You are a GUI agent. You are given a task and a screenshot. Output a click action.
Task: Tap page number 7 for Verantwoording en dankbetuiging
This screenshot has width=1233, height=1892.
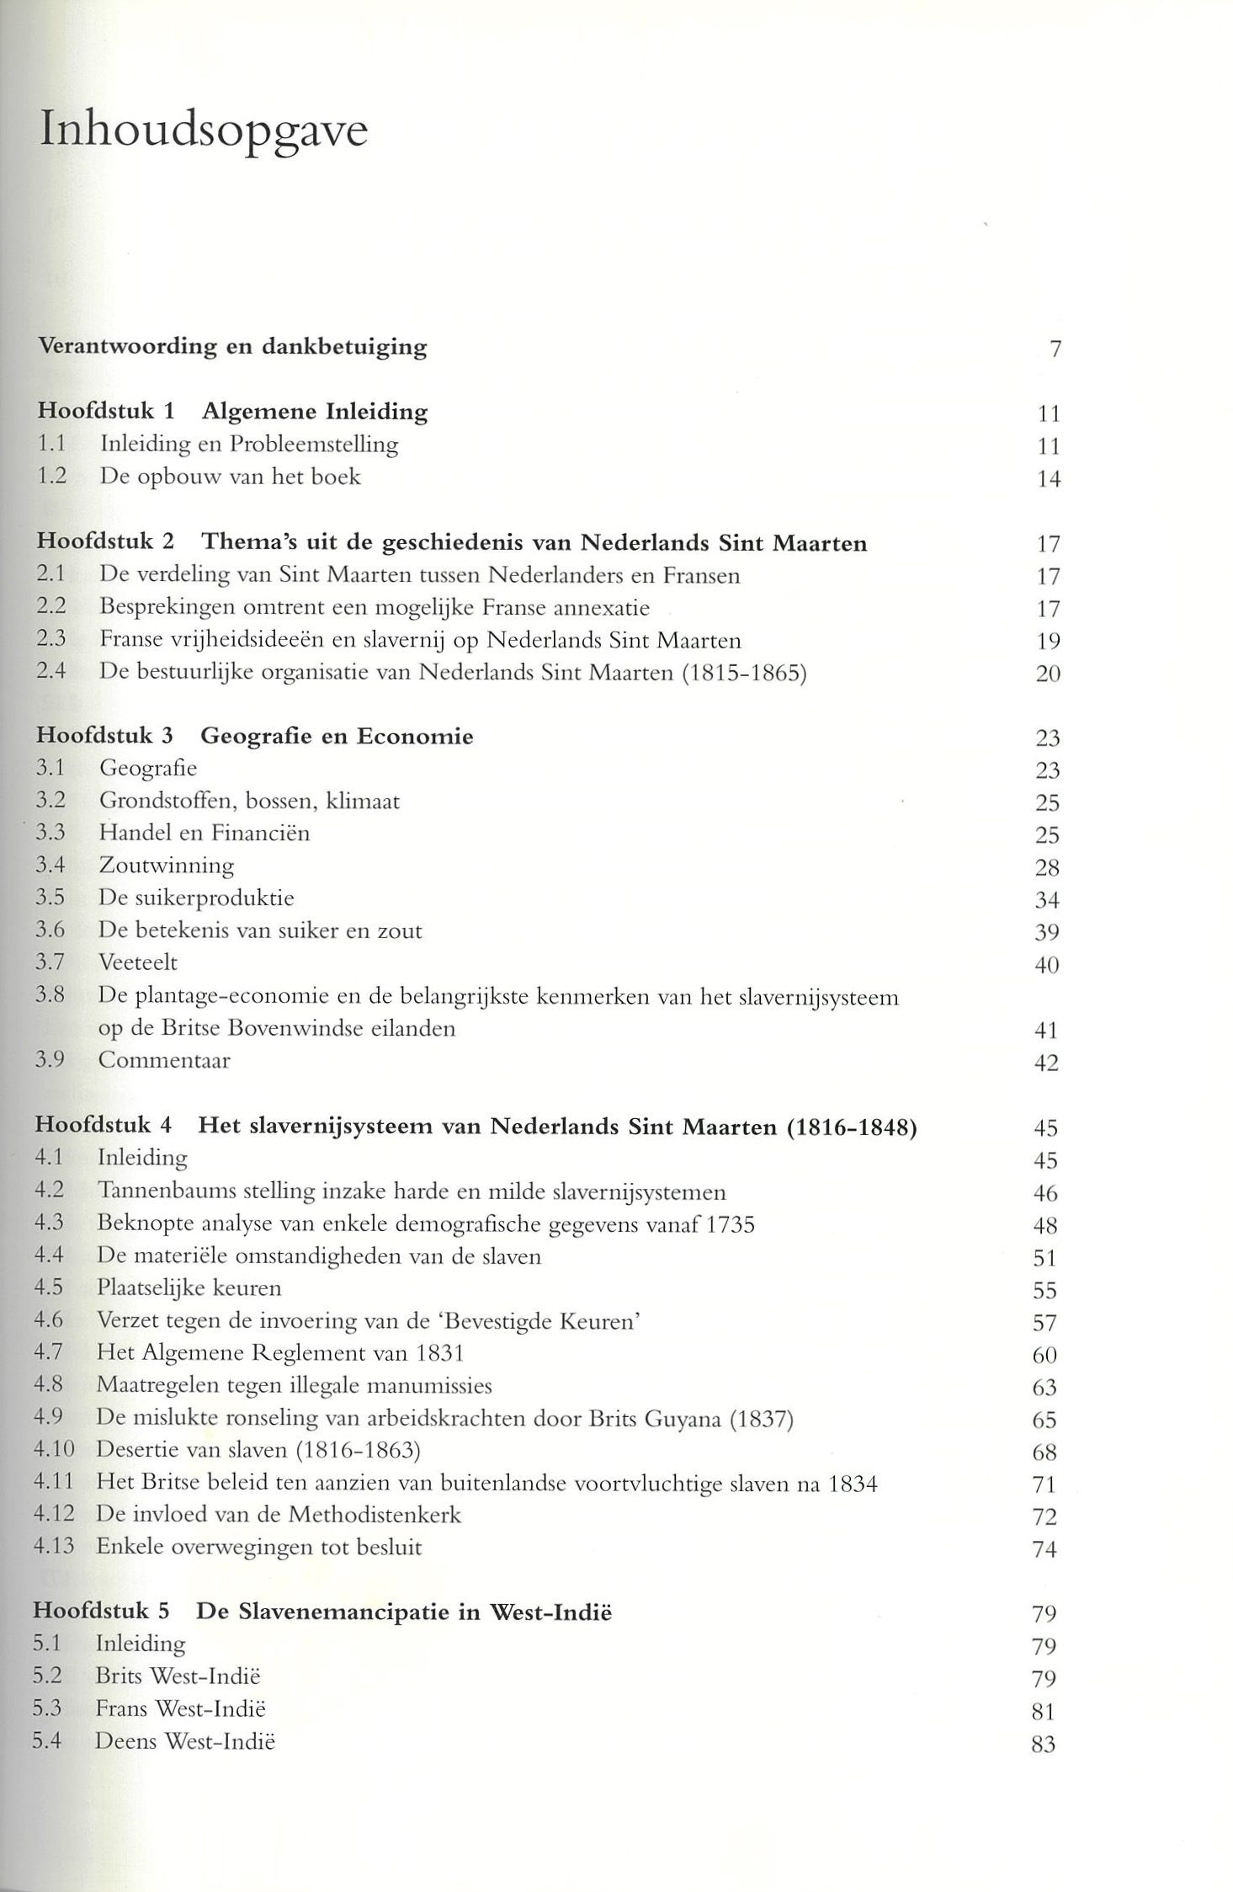(1054, 349)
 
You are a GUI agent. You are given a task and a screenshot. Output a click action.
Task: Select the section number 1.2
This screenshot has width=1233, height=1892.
(52, 477)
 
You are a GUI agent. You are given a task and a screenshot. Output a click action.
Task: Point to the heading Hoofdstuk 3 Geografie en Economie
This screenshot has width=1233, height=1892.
(254, 736)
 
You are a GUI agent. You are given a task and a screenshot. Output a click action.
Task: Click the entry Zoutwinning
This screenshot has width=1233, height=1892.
(167, 866)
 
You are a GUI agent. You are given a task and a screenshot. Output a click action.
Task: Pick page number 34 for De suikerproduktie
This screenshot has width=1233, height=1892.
(1046, 900)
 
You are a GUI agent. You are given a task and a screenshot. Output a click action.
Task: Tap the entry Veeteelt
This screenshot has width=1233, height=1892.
(138, 962)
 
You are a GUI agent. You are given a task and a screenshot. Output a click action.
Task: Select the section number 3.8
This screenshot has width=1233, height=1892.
(50, 995)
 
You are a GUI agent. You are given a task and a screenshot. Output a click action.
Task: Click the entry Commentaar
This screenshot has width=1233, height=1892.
(164, 1060)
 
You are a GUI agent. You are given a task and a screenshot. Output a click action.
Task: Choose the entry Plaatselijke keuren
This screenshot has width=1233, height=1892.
(189, 1288)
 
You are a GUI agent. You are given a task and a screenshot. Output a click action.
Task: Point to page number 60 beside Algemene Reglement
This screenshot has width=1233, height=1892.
(1044, 1356)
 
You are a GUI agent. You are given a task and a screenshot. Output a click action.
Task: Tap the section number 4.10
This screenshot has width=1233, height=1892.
(54, 1450)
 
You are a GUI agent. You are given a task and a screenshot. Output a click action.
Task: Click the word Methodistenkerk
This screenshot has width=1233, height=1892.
(375, 1515)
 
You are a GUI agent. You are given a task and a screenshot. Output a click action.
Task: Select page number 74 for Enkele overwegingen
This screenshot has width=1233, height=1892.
(1044, 1549)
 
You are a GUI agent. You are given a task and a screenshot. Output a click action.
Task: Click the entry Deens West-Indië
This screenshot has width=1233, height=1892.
(185, 1741)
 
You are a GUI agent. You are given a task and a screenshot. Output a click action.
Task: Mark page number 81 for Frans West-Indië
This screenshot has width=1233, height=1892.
(1042, 1712)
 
